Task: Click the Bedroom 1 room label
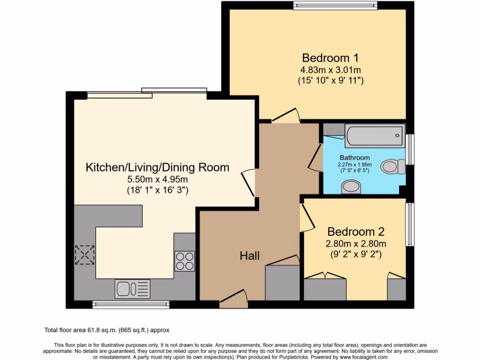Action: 330,58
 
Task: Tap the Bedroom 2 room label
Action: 356,232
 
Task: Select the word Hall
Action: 249,255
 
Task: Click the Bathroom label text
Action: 354,157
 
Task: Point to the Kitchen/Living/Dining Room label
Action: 157,167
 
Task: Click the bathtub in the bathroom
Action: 374,136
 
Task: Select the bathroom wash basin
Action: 352,187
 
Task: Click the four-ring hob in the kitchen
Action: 184,261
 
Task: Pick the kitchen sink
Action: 132,289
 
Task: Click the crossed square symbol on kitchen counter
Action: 85,255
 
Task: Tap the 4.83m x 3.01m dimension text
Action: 330,70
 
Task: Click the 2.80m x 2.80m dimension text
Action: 356,244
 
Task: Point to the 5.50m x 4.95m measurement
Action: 157,180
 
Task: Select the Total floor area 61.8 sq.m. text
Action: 110,330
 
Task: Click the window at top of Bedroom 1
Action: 335,5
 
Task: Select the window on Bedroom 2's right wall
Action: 410,224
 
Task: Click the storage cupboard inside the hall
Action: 282,283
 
